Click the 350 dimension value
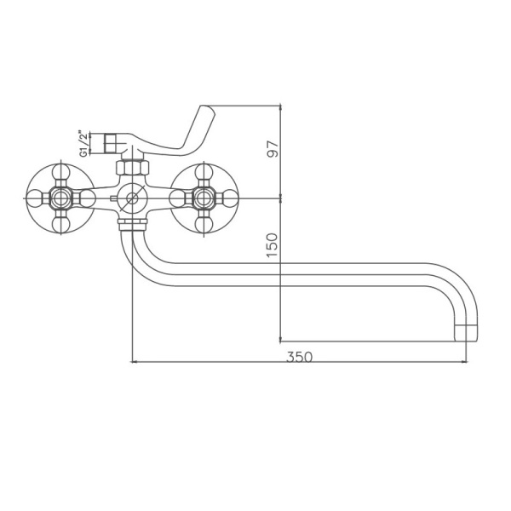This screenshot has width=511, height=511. [x=299, y=357]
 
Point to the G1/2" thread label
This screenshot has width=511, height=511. [x=83, y=141]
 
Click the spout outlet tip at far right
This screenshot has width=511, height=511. [x=468, y=330]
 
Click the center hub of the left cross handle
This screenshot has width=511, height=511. [x=60, y=199]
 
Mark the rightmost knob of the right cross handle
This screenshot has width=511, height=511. [x=230, y=199]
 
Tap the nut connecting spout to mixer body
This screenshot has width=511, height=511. [x=130, y=225]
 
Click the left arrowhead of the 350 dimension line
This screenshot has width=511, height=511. [x=135, y=364]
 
